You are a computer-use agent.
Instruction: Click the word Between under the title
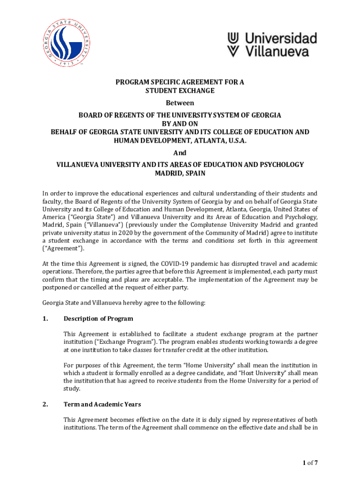pyautogui.click(x=180, y=103)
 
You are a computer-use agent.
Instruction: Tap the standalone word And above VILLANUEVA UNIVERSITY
pyautogui.click(x=180, y=153)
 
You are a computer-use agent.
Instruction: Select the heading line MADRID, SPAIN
pyautogui.click(x=180, y=173)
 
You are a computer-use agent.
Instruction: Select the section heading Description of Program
pyautogui.click(x=98, y=319)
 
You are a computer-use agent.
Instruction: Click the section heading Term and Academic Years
pyautogui.click(x=102, y=404)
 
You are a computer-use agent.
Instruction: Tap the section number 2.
pyautogui.click(x=45, y=404)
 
